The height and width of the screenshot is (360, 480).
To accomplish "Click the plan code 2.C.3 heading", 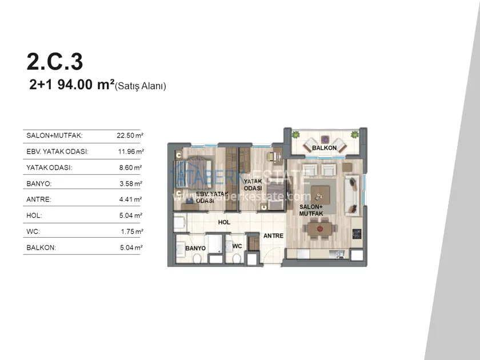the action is [55, 62].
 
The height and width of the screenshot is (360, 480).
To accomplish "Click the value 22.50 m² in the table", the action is [130, 135].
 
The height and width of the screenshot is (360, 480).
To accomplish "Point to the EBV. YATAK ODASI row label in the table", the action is [58, 151].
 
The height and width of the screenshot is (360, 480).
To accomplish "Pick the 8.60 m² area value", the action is [131, 167].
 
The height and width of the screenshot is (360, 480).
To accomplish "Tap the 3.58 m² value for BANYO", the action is [131, 183].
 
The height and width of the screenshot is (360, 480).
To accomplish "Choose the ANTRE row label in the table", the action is [39, 199].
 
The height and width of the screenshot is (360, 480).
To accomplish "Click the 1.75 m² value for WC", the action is [132, 231].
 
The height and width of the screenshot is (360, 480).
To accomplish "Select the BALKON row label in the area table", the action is [41, 247].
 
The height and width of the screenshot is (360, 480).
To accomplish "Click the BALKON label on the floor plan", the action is [324, 148].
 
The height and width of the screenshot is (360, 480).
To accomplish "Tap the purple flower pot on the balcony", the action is [325, 139].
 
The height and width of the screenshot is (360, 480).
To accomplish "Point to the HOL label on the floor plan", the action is [224, 222].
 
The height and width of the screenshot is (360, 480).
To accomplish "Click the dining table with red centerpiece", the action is [320, 229].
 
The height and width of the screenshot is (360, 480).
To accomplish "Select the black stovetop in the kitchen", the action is [357, 234].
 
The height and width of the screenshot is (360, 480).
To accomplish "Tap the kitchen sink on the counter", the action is [337, 254].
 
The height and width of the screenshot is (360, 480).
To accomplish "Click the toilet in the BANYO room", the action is [197, 259].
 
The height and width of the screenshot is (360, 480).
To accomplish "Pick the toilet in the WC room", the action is [237, 258].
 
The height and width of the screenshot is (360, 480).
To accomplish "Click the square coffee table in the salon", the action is [321, 195].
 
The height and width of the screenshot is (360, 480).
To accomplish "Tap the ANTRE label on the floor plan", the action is [273, 235].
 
